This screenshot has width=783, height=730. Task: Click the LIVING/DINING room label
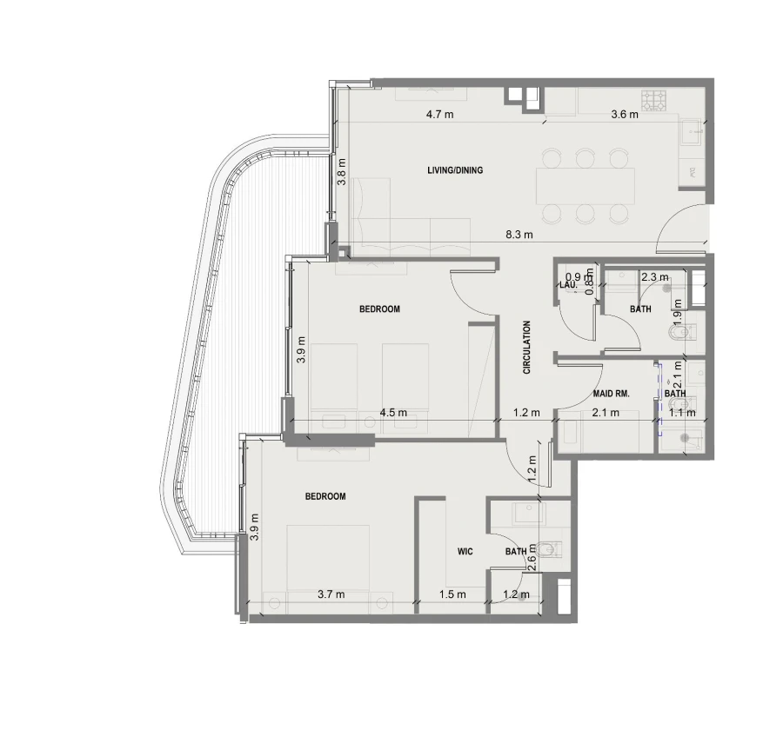pos(455,170)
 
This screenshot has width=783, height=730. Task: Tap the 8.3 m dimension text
pos(520,235)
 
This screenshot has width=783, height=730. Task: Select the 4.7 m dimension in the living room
pos(439,114)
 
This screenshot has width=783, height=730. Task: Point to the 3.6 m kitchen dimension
pos(625,114)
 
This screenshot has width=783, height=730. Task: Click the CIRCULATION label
pos(526,348)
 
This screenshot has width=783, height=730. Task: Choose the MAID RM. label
pos(611,394)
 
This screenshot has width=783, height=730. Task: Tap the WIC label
pos(465,551)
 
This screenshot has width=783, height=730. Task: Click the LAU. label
pos(569,284)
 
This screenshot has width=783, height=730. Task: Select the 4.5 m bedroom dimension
pos(393,413)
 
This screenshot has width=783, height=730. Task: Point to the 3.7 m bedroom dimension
pos(331,594)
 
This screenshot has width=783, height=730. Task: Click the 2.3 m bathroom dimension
pos(649,277)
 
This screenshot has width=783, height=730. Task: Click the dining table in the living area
pos(585,185)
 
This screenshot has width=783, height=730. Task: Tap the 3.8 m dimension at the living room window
pos(342,171)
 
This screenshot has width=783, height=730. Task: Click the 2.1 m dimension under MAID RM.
pos(606,413)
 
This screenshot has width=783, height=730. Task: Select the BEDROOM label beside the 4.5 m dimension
pos(379,309)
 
